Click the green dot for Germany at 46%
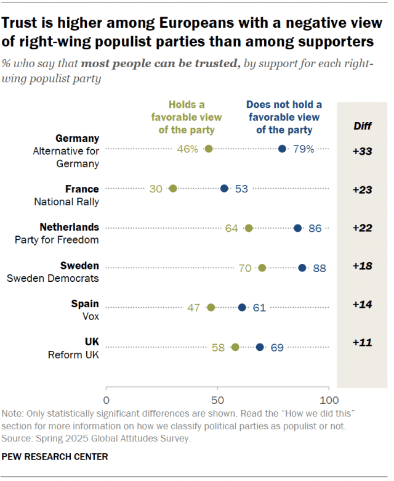[209, 149]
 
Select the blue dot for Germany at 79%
[282, 149]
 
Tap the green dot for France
[173, 189]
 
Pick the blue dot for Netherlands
[298, 228]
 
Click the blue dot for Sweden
[302, 268]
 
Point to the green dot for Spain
[211, 307]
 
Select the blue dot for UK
[260, 347]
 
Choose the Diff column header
[363, 126]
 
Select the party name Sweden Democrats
[53, 278]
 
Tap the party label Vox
[90, 316]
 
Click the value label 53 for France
[241, 189]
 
